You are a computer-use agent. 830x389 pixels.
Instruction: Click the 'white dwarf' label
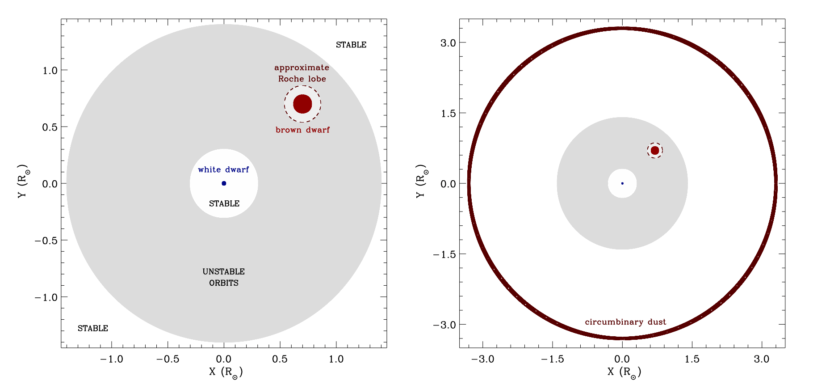[x=223, y=170]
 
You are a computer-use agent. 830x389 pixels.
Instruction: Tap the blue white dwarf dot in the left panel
[x=224, y=183]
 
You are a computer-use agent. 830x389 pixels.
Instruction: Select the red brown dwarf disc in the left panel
[x=302, y=104]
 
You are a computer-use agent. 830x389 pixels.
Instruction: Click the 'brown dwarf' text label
[x=302, y=130]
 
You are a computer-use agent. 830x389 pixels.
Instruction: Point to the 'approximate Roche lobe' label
[x=302, y=73]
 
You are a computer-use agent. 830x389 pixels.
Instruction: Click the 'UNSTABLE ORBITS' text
[x=224, y=277]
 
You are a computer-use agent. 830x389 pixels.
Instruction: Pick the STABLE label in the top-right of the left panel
[x=351, y=45]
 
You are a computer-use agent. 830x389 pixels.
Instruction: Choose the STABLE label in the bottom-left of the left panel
[x=93, y=329]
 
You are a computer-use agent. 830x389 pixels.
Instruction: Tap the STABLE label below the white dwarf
[x=224, y=204]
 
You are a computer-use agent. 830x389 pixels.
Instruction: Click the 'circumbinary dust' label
[x=625, y=322]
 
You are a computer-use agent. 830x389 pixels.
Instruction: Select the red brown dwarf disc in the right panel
[x=655, y=150]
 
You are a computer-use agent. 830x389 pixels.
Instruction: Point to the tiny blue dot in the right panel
[x=622, y=183]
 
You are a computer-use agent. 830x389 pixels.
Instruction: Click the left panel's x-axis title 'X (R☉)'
[x=226, y=372]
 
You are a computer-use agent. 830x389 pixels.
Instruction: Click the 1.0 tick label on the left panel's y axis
[x=50, y=71]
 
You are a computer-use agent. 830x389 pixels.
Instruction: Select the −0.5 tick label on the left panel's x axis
[x=168, y=359]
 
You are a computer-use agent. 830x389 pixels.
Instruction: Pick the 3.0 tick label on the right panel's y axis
[x=448, y=43]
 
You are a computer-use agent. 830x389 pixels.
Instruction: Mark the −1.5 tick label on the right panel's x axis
[x=552, y=359]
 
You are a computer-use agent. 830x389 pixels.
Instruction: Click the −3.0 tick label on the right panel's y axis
[x=444, y=325]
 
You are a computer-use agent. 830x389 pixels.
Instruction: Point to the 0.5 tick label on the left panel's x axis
[x=280, y=359]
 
